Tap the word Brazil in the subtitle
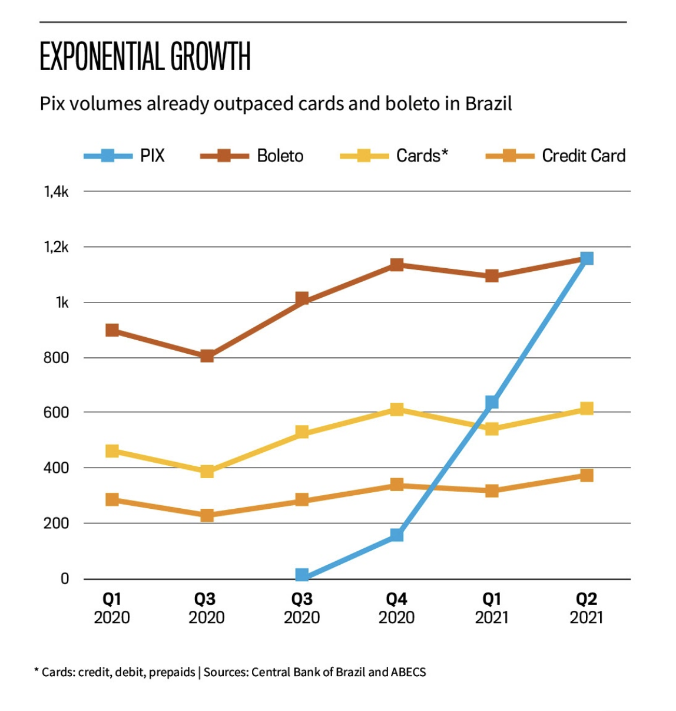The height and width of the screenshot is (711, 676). pyautogui.click(x=488, y=104)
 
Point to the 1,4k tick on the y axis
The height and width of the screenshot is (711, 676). pyautogui.click(x=56, y=191)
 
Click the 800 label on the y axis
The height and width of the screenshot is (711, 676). pyautogui.click(x=56, y=357)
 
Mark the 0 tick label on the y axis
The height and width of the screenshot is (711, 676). pyautogui.click(x=65, y=579)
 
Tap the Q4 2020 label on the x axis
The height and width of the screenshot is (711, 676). pyautogui.click(x=396, y=608)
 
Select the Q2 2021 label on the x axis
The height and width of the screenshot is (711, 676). pyautogui.click(x=586, y=608)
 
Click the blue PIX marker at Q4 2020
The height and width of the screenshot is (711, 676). pyautogui.click(x=397, y=535)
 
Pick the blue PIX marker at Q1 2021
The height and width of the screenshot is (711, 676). pyautogui.click(x=492, y=403)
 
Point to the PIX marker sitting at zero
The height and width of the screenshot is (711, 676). pyautogui.click(x=302, y=575)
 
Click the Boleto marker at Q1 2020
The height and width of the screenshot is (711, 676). pyautogui.click(x=112, y=330)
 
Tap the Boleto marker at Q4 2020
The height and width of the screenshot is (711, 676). pyautogui.click(x=397, y=265)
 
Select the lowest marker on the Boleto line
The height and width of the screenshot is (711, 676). pyautogui.click(x=207, y=355)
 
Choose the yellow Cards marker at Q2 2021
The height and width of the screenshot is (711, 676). pyautogui.click(x=586, y=409)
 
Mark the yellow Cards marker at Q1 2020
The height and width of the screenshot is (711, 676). pyautogui.click(x=112, y=451)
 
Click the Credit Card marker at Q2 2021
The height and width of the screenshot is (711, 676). pyautogui.click(x=586, y=475)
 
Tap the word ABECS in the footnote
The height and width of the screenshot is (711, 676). pyautogui.click(x=409, y=672)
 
